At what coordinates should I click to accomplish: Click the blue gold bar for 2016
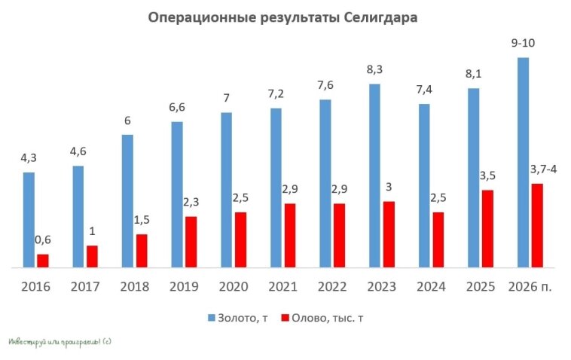coord(29,219)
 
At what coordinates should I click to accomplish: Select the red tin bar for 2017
coord(92,256)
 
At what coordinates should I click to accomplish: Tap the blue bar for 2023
coord(374,175)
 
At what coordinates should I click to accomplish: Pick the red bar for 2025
coord(487,228)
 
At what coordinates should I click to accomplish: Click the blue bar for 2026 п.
coord(523,162)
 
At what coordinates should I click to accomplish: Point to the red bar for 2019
coord(191,241)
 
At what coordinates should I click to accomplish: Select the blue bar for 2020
coord(226,189)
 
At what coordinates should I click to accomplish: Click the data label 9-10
coord(523,44)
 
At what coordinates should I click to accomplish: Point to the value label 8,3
coord(374,69)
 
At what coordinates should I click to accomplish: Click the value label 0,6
coord(43,240)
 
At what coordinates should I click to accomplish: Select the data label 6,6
coord(176,108)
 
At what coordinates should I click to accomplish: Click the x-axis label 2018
coord(134,287)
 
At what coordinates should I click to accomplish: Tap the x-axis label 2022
coord(331,287)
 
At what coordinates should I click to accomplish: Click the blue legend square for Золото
coord(210,318)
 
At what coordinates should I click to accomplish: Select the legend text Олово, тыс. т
coord(329,318)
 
